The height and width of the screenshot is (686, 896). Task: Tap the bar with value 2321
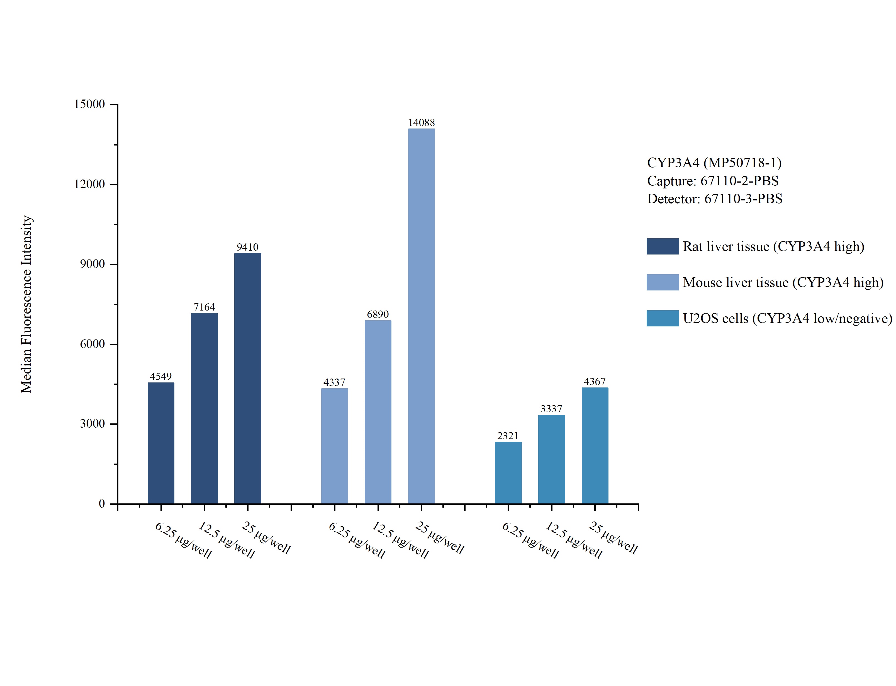(508, 472)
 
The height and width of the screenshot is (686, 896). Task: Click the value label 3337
(551, 408)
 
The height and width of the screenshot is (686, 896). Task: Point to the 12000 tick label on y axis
(89, 184)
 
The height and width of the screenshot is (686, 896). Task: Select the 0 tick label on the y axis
(102, 503)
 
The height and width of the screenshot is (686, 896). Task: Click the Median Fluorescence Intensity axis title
(26, 304)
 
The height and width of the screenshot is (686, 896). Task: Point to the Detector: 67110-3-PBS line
(714, 198)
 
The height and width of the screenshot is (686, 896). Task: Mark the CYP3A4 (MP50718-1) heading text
(714, 163)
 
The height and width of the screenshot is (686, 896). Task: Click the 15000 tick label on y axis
(89, 104)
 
